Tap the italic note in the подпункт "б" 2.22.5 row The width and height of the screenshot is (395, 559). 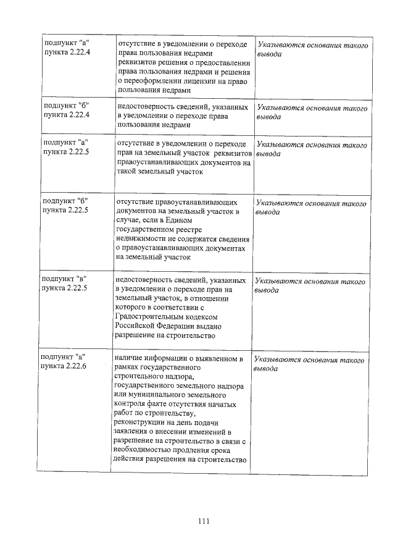click(x=311, y=208)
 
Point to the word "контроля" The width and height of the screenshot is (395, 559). click(x=133, y=403)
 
